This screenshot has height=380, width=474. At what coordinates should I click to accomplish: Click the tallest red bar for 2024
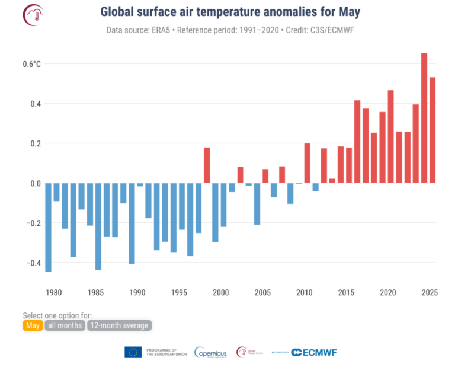(x=424, y=118)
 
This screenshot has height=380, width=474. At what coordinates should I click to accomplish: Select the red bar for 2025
(x=433, y=130)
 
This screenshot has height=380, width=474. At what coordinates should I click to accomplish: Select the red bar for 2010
(x=307, y=163)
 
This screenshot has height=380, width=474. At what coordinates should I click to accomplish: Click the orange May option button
(x=33, y=325)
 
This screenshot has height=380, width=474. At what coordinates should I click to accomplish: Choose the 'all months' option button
(x=65, y=325)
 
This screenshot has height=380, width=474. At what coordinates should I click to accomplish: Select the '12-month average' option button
(x=120, y=325)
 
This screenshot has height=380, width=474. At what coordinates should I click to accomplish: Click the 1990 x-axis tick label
(x=137, y=292)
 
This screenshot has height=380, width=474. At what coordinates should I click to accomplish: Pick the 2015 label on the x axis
(x=345, y=292)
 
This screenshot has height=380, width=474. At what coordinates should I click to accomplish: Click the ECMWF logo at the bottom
(x=314, y=352)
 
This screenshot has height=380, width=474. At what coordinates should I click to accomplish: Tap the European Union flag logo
(x=133, y=352)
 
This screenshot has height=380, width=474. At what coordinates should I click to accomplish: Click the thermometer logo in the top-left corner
(x=34, y=15)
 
